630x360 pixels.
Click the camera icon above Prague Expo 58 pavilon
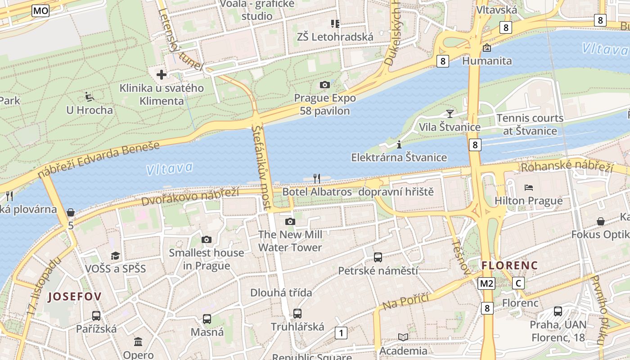(x=324, y=85)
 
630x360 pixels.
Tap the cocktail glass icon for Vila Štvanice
(x=450, y=113)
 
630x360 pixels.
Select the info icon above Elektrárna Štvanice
(x=399, y=144)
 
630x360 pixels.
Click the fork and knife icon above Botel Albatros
(x=317, y=179)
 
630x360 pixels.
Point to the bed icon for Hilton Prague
(x=529, y=187)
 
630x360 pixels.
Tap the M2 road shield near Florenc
(x=486, y=283)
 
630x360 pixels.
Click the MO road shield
(x=40, y=11)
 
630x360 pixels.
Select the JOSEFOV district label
(x=75, y=296)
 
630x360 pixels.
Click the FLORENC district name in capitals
(x=509, y=265)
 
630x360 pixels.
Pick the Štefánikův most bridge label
(x=262, y=166)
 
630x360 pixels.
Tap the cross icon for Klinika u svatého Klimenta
(x=162, y=74)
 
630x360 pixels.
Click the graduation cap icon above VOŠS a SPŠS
(x=116, y=255)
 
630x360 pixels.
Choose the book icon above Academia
(x=403, y=337)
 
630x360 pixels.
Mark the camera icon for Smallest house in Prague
(x=207, y=239)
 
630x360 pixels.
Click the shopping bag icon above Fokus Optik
(x=601, y=221)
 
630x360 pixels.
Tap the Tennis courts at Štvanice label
(x=530, y=125)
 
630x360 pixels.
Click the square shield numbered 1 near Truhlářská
(x=341, y=333)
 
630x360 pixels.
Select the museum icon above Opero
(x=138, y=342)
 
